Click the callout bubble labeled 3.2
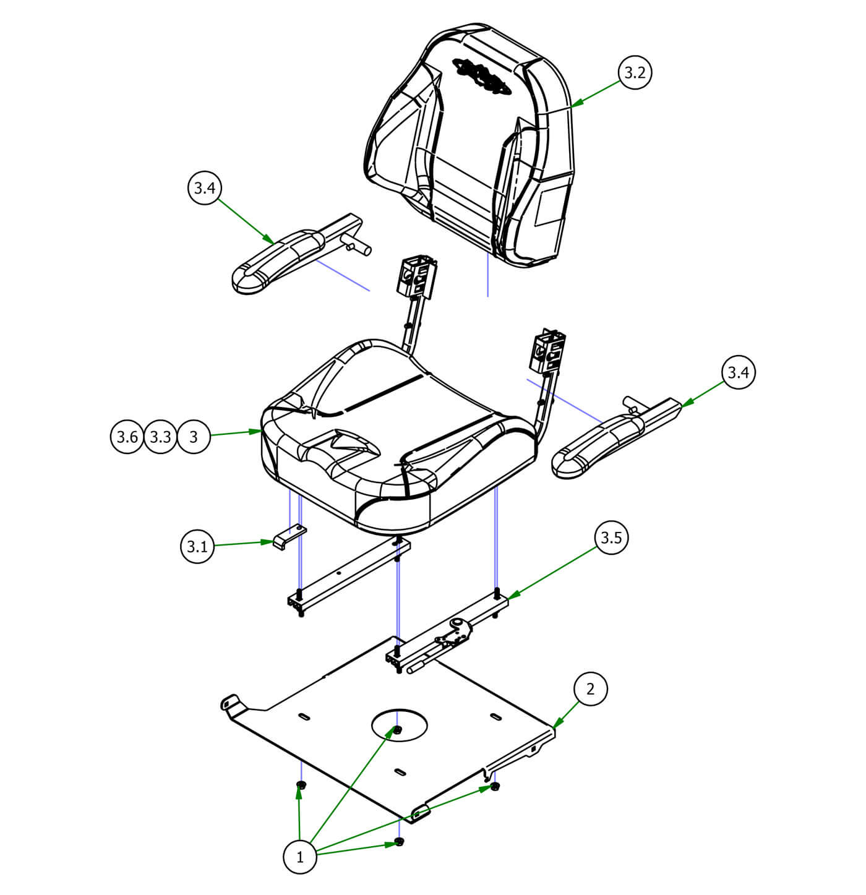(635, 72)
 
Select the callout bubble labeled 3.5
(611, 538)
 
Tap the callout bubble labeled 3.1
(197, 547)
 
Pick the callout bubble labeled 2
(590, 688)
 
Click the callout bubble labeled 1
(300, 857)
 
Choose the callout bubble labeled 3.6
(127, 437)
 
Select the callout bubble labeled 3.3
(160, 437)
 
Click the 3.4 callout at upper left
(204, 188)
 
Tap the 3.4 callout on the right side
(739, 372)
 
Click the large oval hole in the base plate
(400, 722)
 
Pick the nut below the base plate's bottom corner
(400, 842)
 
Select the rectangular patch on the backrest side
(549, 205)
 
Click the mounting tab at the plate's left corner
(231, 704)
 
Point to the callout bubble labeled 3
(194, 437)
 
